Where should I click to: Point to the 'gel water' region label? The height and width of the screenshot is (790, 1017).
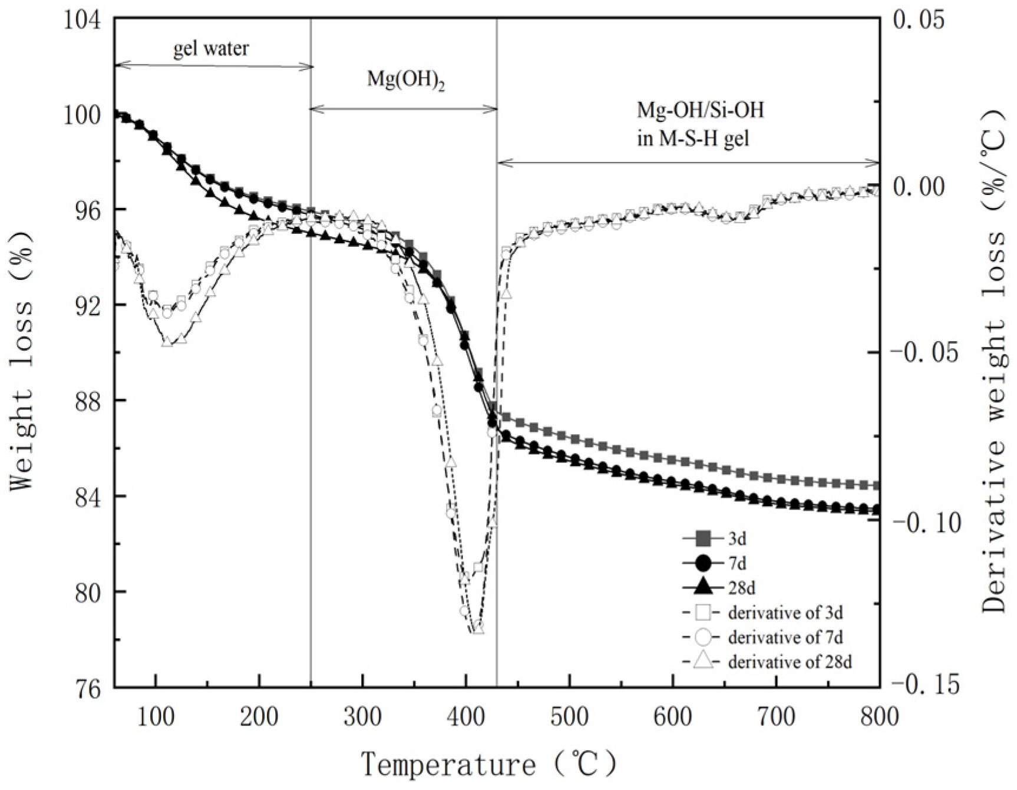pyautogui.click(x=211, y=48)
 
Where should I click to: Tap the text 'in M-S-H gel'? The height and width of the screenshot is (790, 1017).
pyautogui.click(x=694, y=139)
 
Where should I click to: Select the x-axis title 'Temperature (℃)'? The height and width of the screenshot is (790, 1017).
pyautogui.click(x=489, y=765)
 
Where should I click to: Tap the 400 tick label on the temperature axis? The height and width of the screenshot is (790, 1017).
pyautogui.click(x=466, y=717)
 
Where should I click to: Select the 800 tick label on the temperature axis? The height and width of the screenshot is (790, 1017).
pyautogui.click(x=879, y=717)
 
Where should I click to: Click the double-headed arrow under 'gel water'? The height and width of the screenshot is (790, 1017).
pyautogui.click(x=213, y=66)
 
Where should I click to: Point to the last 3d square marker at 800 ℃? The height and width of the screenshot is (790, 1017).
pyautogui.click(x=876, y=485)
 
